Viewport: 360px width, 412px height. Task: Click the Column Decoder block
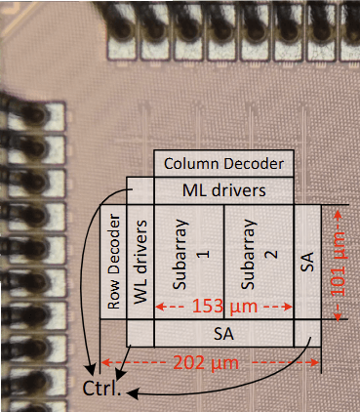[x=223, y=164]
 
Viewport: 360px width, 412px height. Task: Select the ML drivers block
[x=223, y=189]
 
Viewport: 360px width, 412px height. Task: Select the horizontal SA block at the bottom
[x=223, y=334]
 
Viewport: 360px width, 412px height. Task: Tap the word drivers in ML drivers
[x=241, y=189]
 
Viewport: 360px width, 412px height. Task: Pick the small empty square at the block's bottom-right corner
[x=307, y=334]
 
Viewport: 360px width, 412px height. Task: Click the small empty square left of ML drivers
[x=140, y=189]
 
